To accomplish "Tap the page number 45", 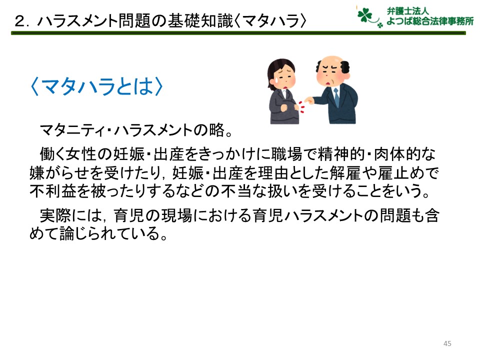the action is click(447, 343).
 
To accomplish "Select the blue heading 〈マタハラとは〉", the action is click(97, 86).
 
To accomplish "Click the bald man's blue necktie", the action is click(336, 97).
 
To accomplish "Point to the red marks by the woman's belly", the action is click(302, 106).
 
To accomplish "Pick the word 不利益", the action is click(52, 191).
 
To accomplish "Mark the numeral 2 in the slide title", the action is click(20, 21).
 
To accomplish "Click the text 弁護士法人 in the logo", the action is click(407, 11).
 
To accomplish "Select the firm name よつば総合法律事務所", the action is click(430, 21).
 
